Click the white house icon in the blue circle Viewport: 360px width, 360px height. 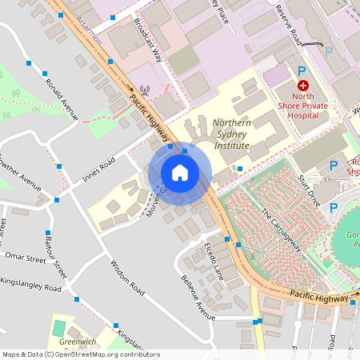(x=180, y=172)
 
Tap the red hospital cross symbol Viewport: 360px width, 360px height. (x=303, y=85)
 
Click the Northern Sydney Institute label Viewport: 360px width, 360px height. (x=242, y=135)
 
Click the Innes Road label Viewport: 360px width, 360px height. (x=98, y=170)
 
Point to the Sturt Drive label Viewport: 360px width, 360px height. (x=309, y=190)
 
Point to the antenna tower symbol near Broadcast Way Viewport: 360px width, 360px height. (x=144, y=90)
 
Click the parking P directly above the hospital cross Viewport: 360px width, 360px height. (x=302, y=70)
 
